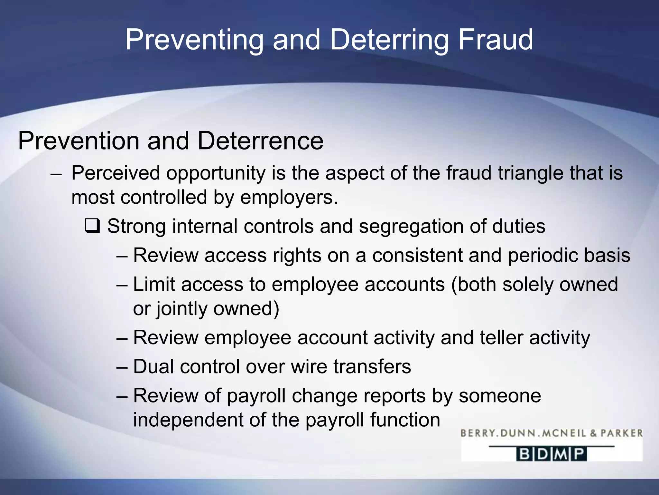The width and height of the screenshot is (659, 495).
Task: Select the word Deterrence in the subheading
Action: (260, 141)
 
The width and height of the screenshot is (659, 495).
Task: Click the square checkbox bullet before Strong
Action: (93, 226)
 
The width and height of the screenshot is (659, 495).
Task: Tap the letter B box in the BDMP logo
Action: (524, 454)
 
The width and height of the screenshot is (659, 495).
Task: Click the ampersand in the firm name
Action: (593, 433)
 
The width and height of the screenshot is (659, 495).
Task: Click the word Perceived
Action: (116, 173)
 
